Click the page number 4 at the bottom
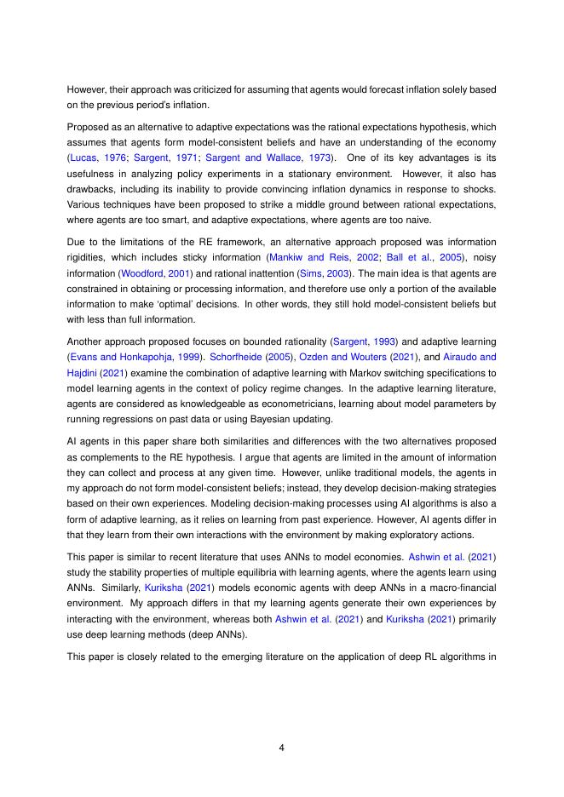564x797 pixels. (281, 748)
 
